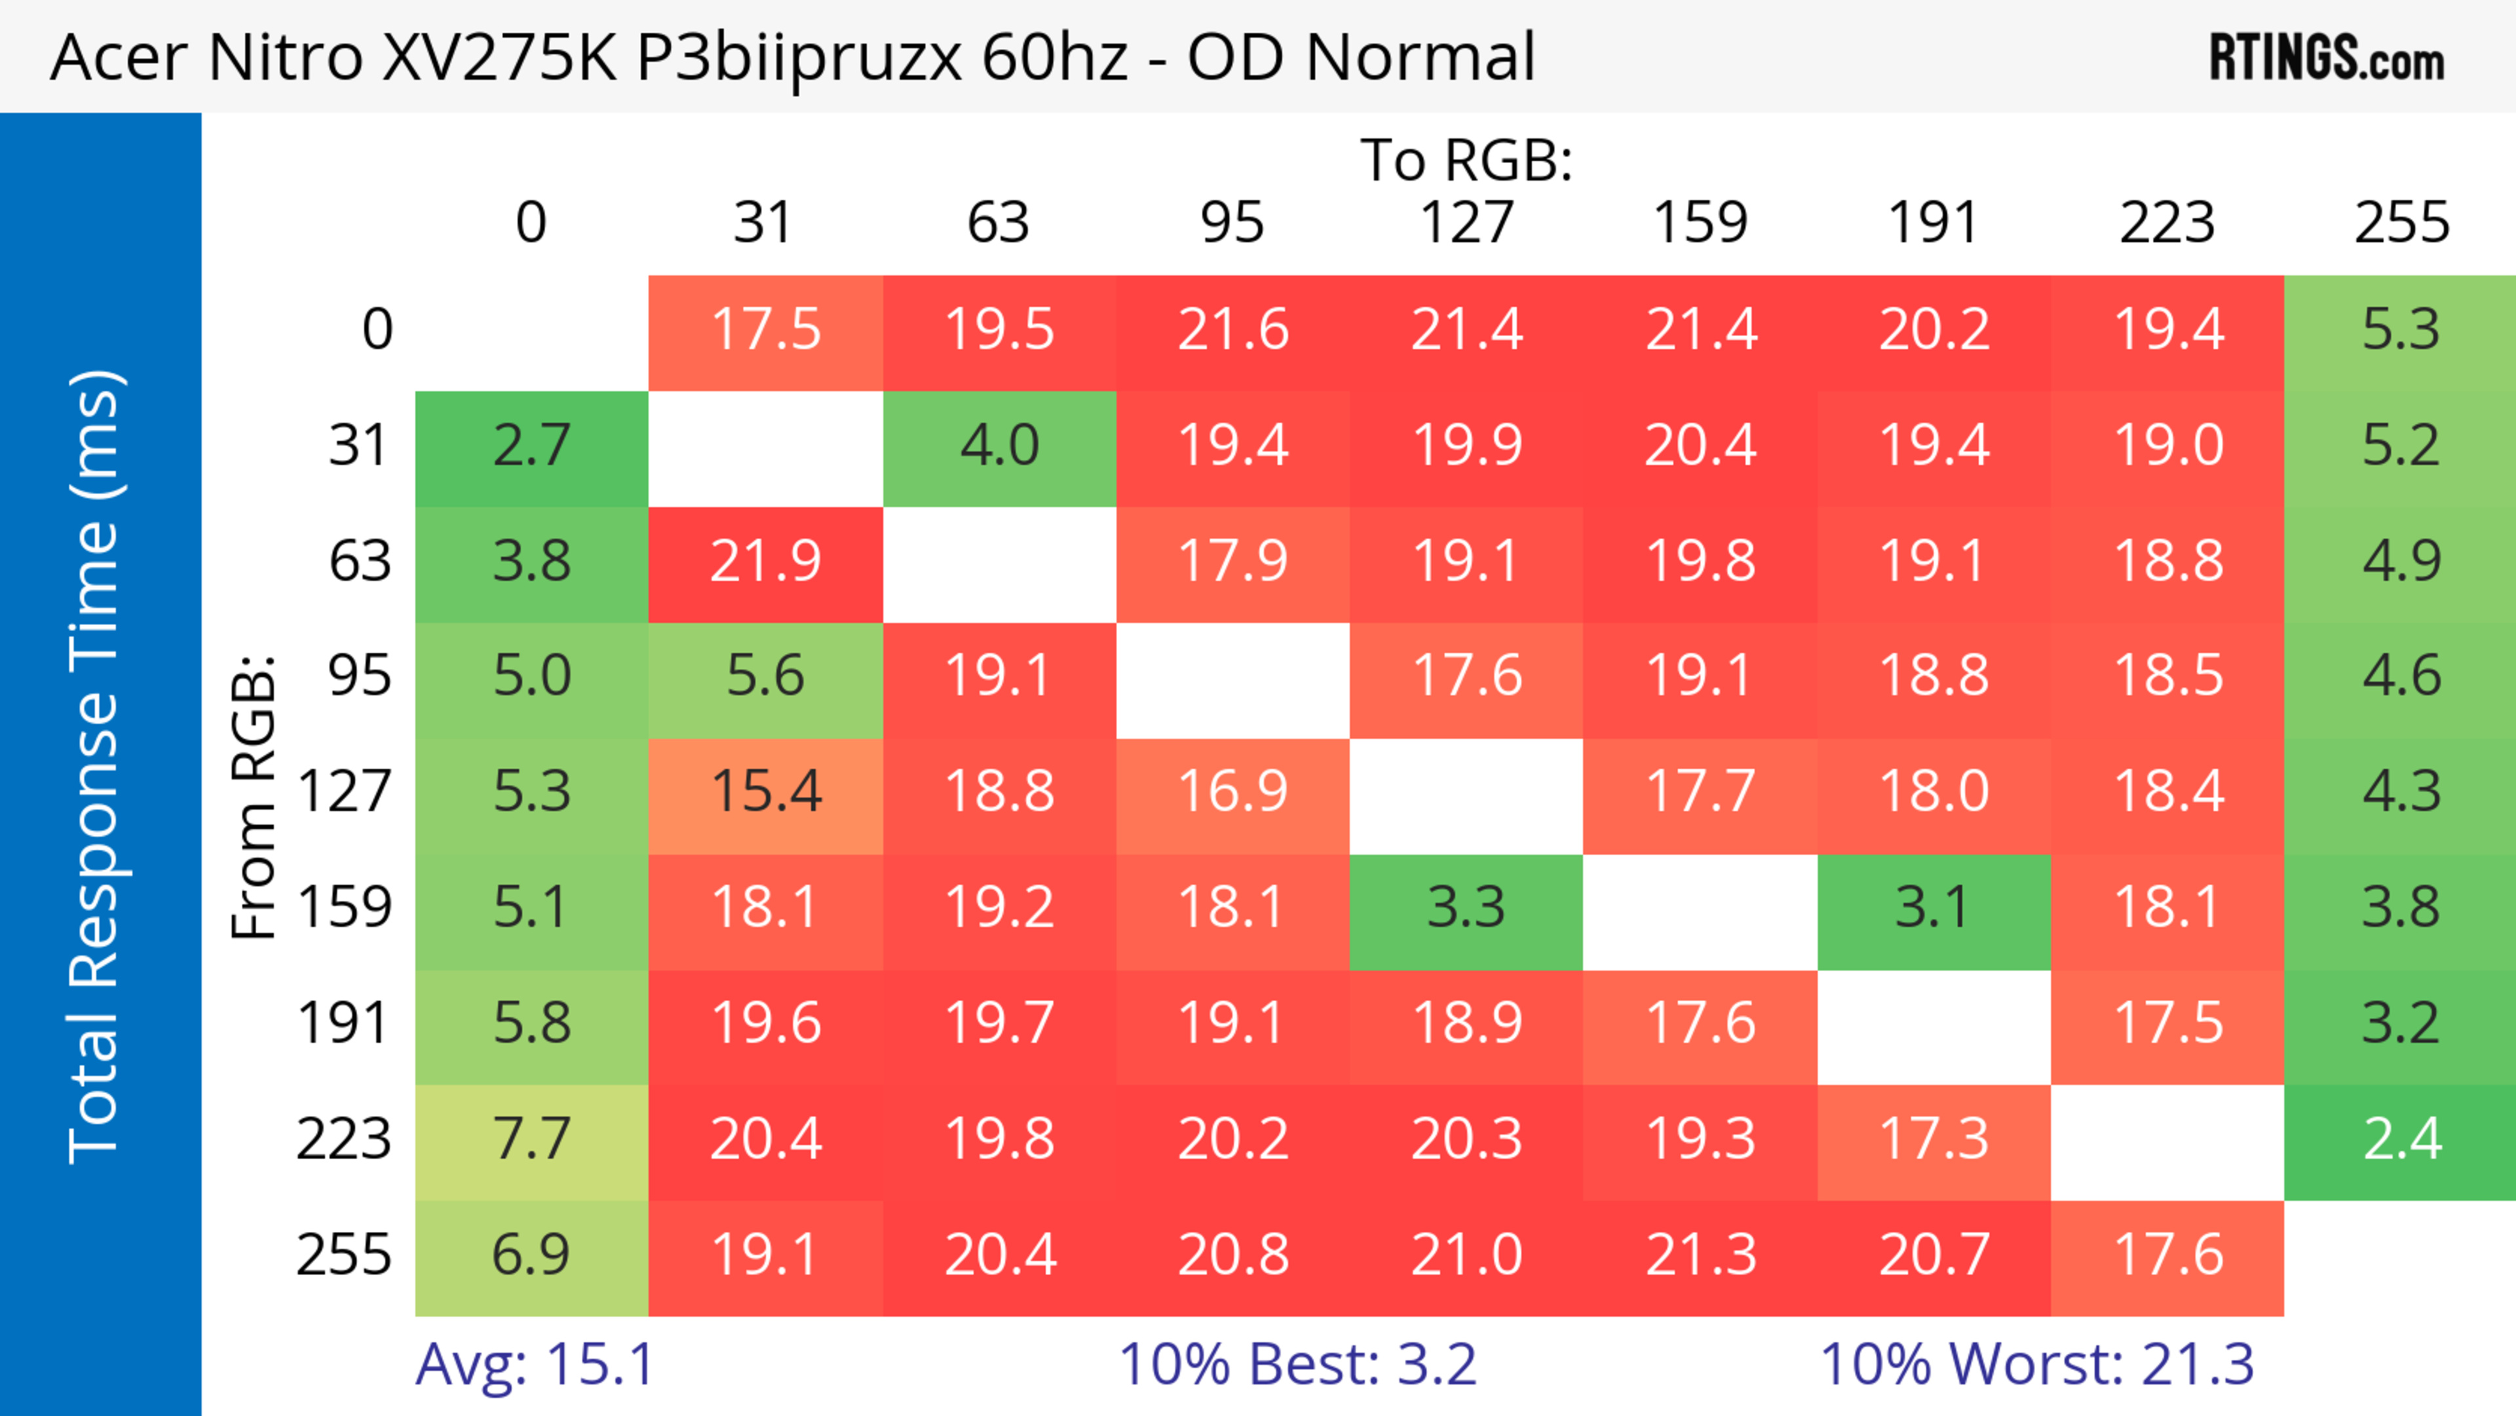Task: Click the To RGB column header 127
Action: pyautogui.click(x=1466, y=223)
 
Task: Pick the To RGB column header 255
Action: pyautogui.click(x=2401, y=223)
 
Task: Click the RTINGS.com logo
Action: pyautogui.click(x=2327, y=58)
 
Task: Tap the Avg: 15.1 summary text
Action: pyautogui.click(x=534, y=1364)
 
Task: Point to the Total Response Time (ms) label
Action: pyautogui.click(x=96, y=767)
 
